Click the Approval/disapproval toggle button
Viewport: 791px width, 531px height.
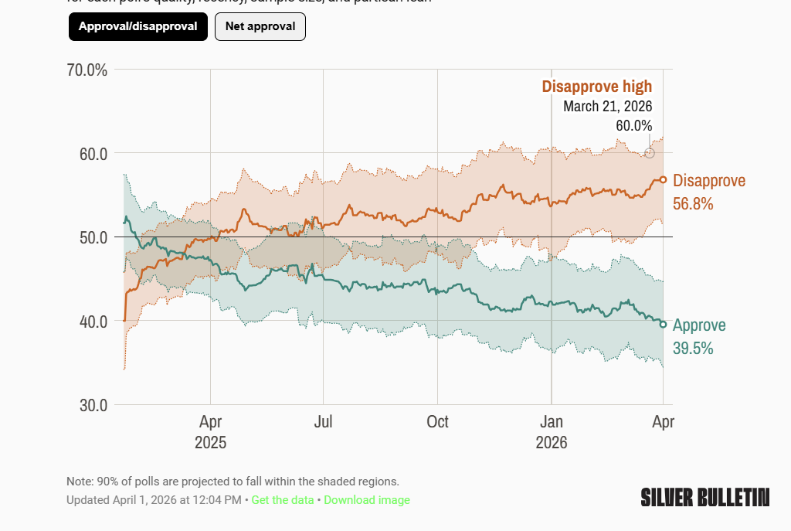[137, 26]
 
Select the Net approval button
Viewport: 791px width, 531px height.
[260, 26]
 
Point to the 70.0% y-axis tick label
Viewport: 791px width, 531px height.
[87, 70]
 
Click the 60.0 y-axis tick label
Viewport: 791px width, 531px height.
[91, 154]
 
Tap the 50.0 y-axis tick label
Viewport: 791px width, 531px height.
[91, 237]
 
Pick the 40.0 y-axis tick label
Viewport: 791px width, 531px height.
[91, 321]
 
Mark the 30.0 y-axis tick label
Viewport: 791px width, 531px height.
[91, 405]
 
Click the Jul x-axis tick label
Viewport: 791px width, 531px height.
[324, 422]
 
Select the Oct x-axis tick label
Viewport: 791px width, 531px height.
[437, 422]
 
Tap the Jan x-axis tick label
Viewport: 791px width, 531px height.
[552, 422]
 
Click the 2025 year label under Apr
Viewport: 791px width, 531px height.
[210, 443]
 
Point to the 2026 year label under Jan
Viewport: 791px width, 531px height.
[552, 443]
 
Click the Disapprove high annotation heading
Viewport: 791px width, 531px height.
[596, 87]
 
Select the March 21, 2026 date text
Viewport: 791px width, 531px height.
[607, 107]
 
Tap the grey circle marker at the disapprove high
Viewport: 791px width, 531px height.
[650, 153]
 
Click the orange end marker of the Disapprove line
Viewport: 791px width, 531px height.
[663, 179]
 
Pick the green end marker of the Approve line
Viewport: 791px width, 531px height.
[663, 324]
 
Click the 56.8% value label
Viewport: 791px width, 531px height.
[693, 204]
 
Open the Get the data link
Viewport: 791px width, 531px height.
[283, 500]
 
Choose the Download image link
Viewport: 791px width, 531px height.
[367, 500]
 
